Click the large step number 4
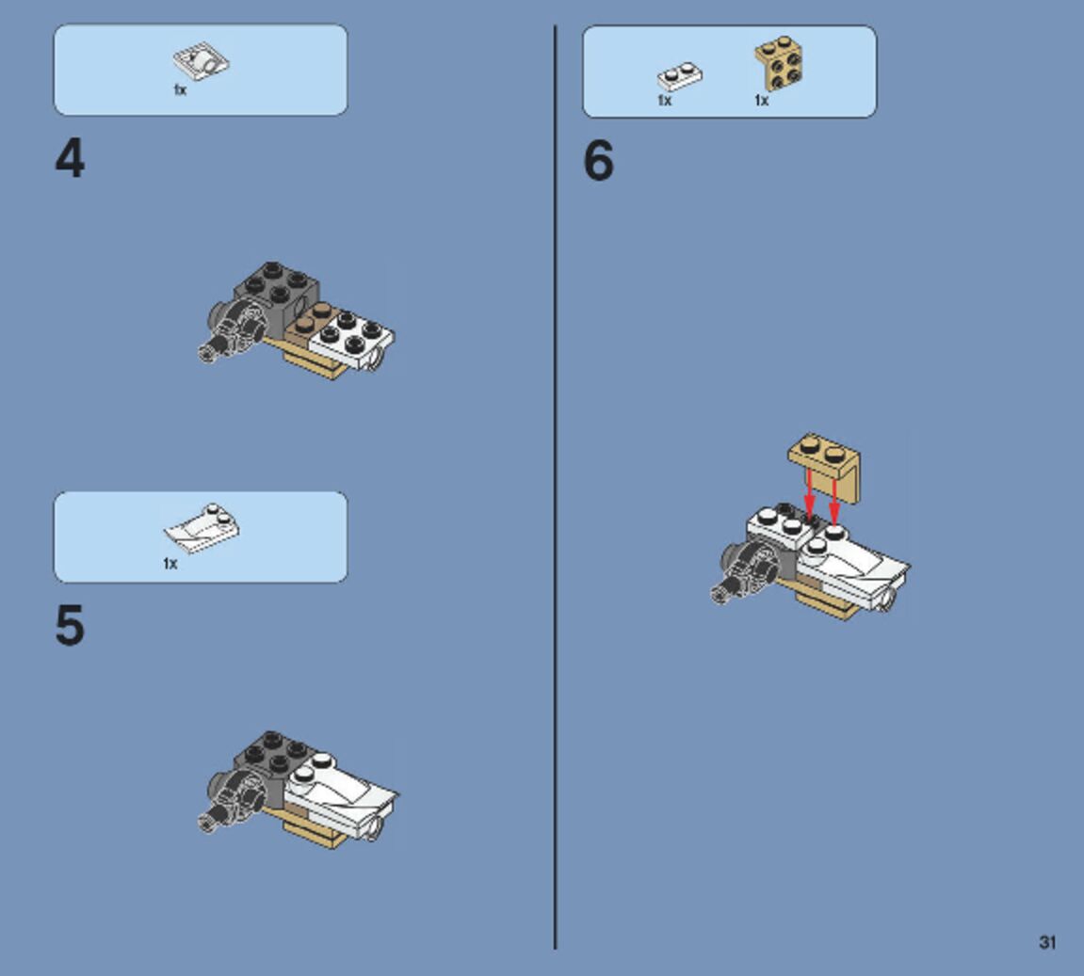point(70,158)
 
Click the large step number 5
point(70,625)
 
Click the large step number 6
point(599,160)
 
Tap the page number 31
point(1046,942)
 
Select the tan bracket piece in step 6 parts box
point(779,64)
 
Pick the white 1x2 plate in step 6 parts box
point(680,75)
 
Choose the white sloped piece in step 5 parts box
point(202,528)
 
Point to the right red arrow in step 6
point(833,501)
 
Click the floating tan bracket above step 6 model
point(825,466)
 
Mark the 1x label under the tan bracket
point(761,101)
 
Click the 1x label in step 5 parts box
point(170,564)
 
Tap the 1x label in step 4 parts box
point(180,89)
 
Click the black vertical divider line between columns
point(555,487)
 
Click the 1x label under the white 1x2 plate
point(664,101)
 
